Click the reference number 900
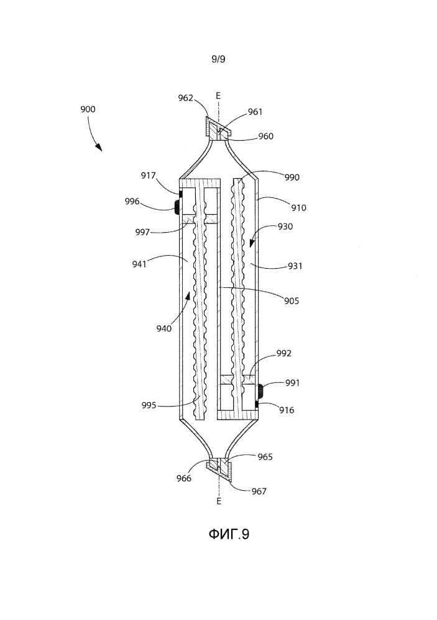tap(88, 109)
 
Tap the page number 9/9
tap(218, 60)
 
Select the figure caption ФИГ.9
tap(229, 534)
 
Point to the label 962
tap(185, 97)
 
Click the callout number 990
tap(292, 177)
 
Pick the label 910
tap(299, 207)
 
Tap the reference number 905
tap(292, 301)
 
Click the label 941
tap(139, 264)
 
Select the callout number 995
tap(149, 405)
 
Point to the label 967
tap(259, 491)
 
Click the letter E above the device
tap(218, 96)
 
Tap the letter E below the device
tap(219, 501)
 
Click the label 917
tap(149, 176)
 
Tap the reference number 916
tap(287, 410)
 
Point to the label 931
tap(295, 266)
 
